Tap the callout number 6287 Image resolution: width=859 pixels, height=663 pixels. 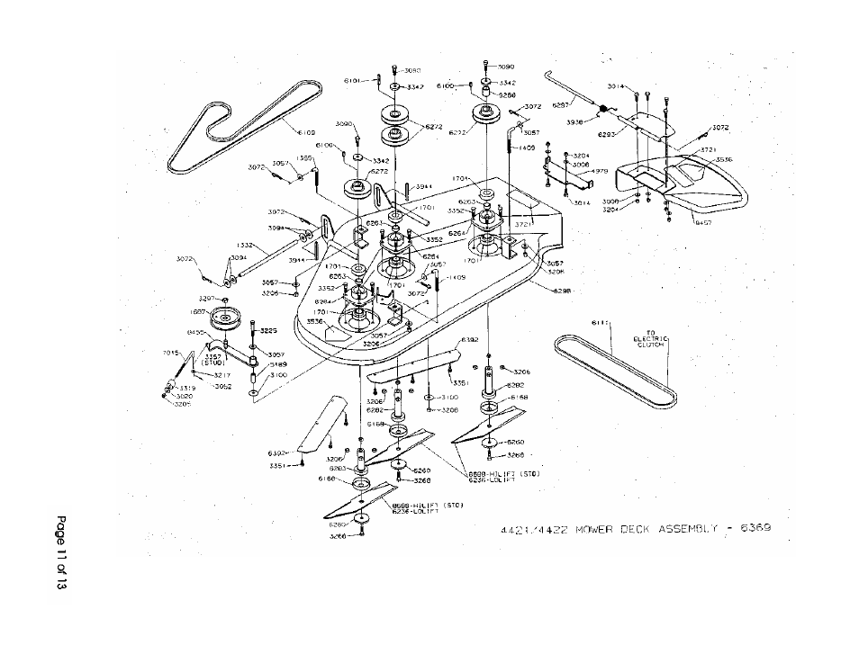pos(561,103)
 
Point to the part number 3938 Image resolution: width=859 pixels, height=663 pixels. pos(575,121)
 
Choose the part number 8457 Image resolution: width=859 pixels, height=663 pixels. pos(704,222)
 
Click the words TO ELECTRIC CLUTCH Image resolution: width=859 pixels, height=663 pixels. pos(649,339)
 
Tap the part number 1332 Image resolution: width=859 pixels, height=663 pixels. pos(243,245)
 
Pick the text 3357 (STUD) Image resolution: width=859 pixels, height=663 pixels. pos(214,359)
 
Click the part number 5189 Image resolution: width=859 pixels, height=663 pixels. pos(276,364)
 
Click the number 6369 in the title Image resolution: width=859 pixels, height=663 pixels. pos(752,528)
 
